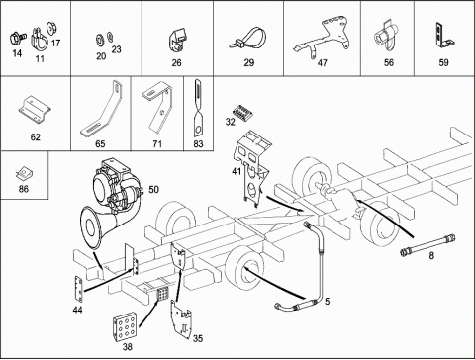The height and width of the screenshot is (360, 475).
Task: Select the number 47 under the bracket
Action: click(x=322, y=62)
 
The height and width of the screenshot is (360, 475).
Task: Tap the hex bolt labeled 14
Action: click(x=17, y=38)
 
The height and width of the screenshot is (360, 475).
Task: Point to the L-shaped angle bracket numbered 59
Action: click(x=444, y=36)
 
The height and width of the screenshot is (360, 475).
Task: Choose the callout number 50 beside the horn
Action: click(x=153, y=190)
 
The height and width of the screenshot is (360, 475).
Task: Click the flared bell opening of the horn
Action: click(x=91, y=227)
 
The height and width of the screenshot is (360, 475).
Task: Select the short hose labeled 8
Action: click(x=428, y=244)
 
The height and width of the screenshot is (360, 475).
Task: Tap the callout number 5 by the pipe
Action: click(x=327, y=302)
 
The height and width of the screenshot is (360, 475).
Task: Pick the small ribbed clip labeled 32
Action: click(x=243, y=112)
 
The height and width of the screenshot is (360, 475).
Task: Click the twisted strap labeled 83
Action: click(x=198, y=108)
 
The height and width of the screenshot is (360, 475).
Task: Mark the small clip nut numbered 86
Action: click(x=24, y=173)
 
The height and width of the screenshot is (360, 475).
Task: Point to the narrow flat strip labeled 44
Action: click(x=78, y=290)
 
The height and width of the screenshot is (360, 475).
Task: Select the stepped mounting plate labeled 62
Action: click(x=35, y=110)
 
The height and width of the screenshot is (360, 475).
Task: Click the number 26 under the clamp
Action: click(x=176, y=62)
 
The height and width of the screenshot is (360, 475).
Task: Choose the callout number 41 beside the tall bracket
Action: click(x=237, y=171)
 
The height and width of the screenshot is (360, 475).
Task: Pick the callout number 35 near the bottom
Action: click(x=198, y=338)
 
